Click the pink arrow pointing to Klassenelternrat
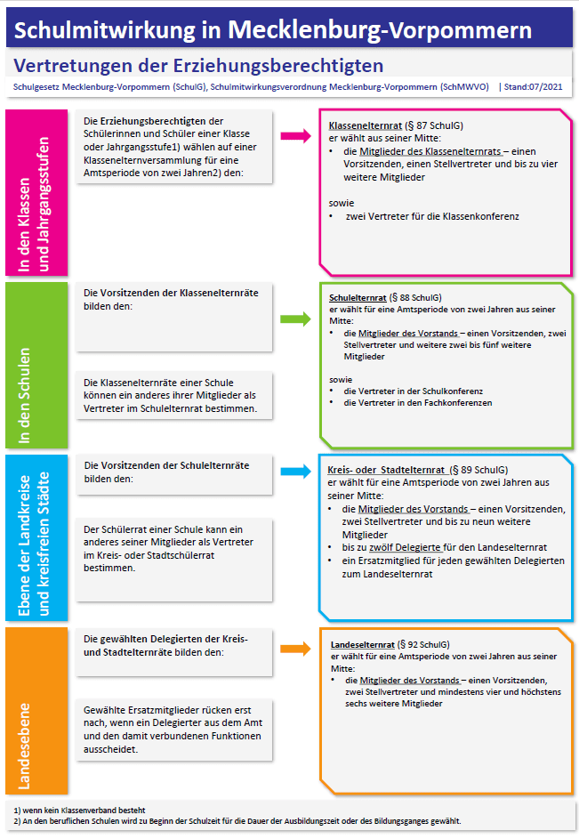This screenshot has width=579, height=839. coord(294,136)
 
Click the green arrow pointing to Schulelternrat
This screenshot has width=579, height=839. coord(294,318)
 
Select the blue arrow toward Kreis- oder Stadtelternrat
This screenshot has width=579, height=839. coord(294,472)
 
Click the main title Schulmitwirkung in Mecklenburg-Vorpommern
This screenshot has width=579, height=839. coord(274,30)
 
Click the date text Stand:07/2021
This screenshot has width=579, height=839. coord(535,87)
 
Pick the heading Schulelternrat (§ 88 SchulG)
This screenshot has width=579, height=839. coord(385,297)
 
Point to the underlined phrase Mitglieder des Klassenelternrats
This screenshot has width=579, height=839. coord(424,151)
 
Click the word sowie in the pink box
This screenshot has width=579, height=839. coord(341,202)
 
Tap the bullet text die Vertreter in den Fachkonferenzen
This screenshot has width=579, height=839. coord(417,403)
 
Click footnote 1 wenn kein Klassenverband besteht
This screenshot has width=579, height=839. coord(79,810)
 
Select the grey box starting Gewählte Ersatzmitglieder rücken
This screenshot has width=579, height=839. coord(173,729)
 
